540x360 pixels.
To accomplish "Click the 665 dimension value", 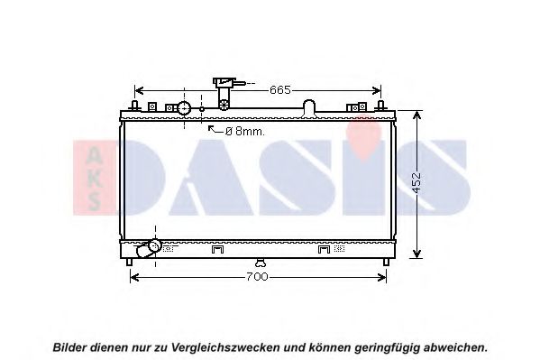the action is tap(280, 90).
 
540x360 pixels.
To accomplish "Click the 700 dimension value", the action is tap(257, 277).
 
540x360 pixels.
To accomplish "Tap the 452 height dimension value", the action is tap(416, 182).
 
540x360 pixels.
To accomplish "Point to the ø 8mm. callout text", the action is tap(245, 132).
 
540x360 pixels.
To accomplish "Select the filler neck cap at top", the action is tap(224, 82).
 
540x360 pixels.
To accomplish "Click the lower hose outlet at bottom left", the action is tap(149, 248).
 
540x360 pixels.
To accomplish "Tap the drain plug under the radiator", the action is tap(261, 263).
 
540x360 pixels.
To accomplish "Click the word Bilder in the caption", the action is tap(70, 346).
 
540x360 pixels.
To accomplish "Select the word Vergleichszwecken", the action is tap(225, 347).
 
